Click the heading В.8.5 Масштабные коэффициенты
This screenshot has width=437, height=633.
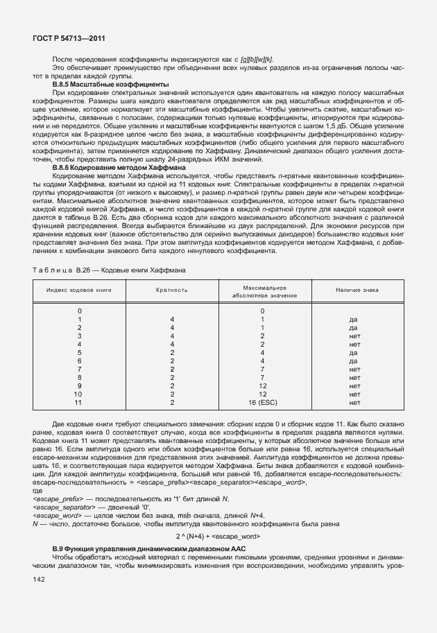[111, 85]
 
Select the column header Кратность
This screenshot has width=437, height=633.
[172, 290]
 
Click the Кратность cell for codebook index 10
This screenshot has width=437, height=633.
[171, 394]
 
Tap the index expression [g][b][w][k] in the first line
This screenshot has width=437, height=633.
[254, 60]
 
